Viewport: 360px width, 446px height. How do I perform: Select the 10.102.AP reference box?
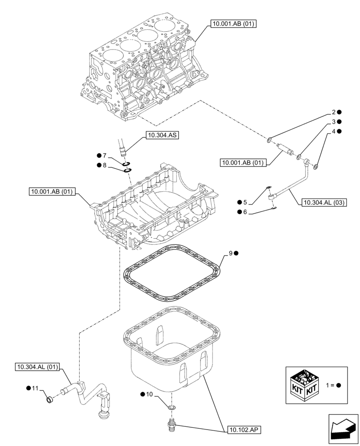pos(243,430)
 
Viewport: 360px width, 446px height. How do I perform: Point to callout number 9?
pos(231,253)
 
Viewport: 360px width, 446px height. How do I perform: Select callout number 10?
pos(149,394)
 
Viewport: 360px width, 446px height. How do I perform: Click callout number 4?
pos(333,132)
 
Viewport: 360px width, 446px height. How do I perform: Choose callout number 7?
pos(104,156)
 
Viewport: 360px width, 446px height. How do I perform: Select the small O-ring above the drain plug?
pos(172,407)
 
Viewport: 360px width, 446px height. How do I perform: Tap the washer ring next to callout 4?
pos(315,167)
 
